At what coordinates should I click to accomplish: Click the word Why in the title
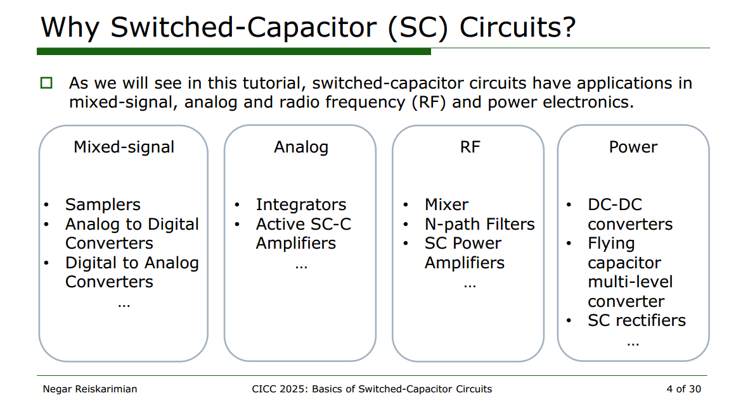[x=70, y=28]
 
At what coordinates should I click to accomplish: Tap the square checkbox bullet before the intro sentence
[x=46, y=83]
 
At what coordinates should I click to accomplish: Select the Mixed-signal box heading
[x=124, y=147]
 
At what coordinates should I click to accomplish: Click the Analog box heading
[x=301, y=147]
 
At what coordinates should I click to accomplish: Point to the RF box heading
[x=470, y=147]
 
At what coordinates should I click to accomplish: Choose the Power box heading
[x=633, y=147]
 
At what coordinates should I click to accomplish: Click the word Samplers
[x=103, y=205]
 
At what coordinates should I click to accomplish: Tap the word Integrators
[x=301, y=205]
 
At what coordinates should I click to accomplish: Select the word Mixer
[x=446, y=204]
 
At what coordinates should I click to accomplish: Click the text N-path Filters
[x=480, y=225]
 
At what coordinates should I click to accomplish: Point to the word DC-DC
[x=615, y=204]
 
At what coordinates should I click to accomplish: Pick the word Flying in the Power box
[x=611, y=244]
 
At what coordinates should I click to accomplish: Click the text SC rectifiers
[x=636, y=320]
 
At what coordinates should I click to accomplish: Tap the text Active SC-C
[x=304, y=225]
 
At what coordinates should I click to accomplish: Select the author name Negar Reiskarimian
[x=90, y=389]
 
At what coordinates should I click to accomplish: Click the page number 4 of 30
[x=684, y=389]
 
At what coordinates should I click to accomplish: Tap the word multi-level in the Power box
[x=630, y=282]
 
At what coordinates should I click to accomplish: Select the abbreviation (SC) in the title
[x=418, y=28]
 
